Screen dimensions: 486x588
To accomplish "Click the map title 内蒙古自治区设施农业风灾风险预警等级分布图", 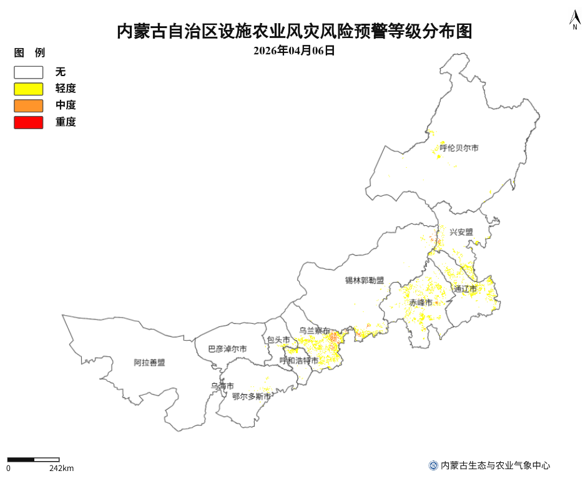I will [294, 31].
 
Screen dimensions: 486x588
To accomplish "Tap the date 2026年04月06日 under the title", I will [294, 51].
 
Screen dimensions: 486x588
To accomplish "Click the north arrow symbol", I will [574, 20].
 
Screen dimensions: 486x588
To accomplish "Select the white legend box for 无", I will [29, 72].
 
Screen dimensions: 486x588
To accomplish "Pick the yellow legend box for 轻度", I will [29, 89].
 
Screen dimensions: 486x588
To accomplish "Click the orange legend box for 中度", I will [29, 105].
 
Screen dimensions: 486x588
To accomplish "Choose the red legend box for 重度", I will [29, 122].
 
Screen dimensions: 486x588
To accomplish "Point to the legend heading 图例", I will [29, 53].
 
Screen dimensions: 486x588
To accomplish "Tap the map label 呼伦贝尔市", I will [459, 148].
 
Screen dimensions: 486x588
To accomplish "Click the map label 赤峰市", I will [421, 303].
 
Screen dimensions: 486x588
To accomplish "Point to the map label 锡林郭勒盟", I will [365, 281].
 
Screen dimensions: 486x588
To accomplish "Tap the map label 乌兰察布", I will [315, 331].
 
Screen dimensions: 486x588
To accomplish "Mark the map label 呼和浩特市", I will [298, 361].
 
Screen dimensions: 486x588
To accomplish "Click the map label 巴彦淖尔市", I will [227, 349].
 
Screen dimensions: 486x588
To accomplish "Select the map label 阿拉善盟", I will [149, 362].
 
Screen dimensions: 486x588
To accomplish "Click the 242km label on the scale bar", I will [61, 468].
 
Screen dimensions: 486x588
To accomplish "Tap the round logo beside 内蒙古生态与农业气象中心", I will [433, 465].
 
